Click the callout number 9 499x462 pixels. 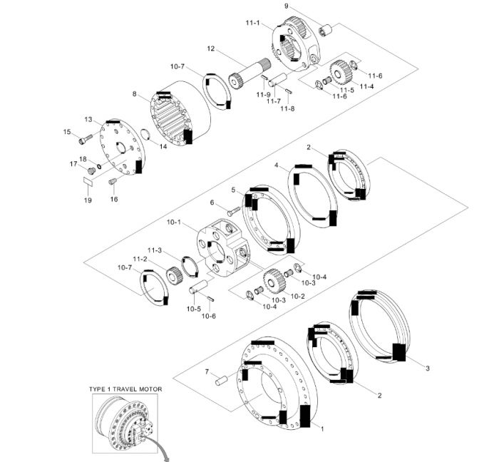[x=287, y=6]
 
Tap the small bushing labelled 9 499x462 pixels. [x=325, y=31]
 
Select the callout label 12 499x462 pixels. [x=211, y=48]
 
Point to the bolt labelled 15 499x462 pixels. [x=86, y=139]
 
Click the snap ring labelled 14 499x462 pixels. [x=145, y=134]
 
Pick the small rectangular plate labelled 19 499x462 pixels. [x=88, y=182]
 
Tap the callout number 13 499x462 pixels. [x=88, y=119]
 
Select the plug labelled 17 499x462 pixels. [x=91, y=171]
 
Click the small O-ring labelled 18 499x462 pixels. [x=99, y=166]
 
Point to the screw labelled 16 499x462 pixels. [x=113, y=181]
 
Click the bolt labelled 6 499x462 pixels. [x=234, y=211]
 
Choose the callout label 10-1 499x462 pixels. [x=173, y=222]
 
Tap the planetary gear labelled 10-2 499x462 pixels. [x=274, y=282]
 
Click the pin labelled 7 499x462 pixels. [x=221, y=380]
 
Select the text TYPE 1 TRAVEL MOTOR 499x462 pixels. [x=125, y=389]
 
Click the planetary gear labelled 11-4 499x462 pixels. [x=340, y=72]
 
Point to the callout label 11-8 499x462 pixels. [x=287, y=108]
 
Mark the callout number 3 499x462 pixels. [x=428, y=368]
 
